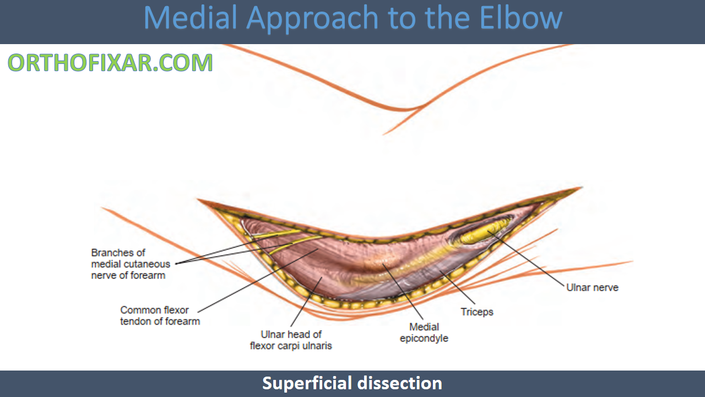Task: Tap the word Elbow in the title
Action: (520, 18)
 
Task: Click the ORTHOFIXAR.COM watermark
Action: (110, 63)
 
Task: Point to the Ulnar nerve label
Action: (592, 287)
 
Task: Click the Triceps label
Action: (477, 312)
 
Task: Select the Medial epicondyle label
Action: (424, 332)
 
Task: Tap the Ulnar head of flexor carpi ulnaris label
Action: (291, 340)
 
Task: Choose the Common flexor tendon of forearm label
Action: (160, 315)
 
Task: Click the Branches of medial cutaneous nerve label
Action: (131, 264)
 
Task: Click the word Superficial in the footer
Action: (307, 383)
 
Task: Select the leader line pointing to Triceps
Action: (457, 289)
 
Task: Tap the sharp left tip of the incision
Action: (199, 200)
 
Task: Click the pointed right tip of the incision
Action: (581, 188)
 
